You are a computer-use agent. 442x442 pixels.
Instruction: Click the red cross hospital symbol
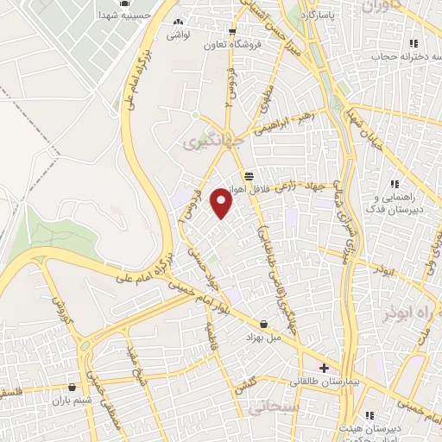coord(324,367)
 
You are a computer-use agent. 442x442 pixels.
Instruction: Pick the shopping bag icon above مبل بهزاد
coord(263,324)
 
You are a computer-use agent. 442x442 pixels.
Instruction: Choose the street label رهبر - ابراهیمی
coord(284,123)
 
